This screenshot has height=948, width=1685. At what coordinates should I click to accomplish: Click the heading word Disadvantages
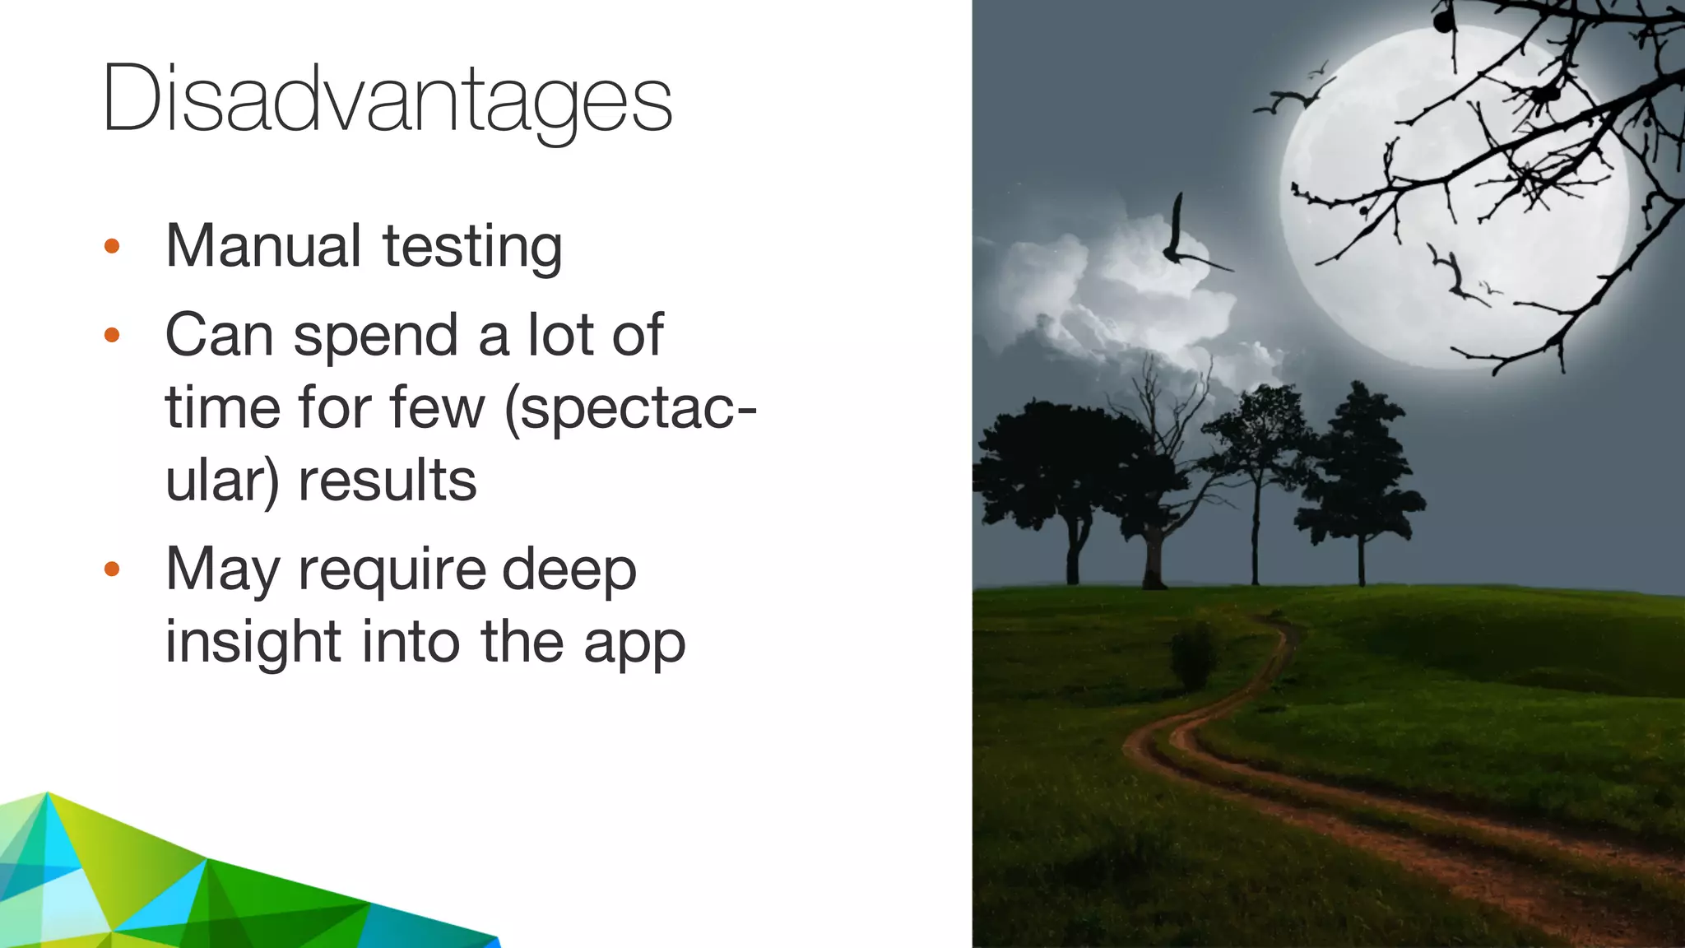pyautogui.click(x=387, y=100)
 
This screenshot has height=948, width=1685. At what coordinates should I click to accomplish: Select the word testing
pyautogui.click(x=472, y=247)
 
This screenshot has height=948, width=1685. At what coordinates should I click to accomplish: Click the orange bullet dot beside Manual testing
pyautogui.click(x=113, y=246)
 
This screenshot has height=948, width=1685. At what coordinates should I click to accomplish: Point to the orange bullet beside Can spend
pyautogui.click(x=113, y=335)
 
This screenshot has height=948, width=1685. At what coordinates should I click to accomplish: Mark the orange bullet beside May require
pyautogui.click(x=113, y=569)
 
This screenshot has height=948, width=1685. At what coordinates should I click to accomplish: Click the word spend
pyautogui.click(x=375, y=337)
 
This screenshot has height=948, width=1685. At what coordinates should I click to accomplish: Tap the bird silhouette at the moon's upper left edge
pyautogui.click(x=1290, y=99)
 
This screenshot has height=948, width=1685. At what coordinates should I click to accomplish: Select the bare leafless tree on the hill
pyautogui.click(x=1160, y=461)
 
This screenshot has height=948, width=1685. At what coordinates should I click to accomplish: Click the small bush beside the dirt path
pyautogui.click(x=1194, y=654)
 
